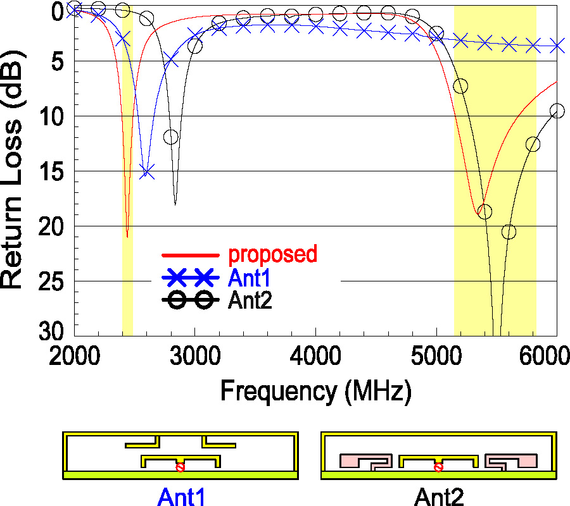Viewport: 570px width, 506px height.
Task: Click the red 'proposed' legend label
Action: point(272,254)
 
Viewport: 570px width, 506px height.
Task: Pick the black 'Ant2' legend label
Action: point(250,300)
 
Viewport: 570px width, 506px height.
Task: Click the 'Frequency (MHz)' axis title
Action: point(315,392)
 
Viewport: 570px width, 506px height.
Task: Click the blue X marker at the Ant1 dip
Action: point(147,171)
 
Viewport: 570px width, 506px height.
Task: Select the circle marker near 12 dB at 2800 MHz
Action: point(171,137)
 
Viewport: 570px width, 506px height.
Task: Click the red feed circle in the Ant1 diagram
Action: point(180,467)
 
